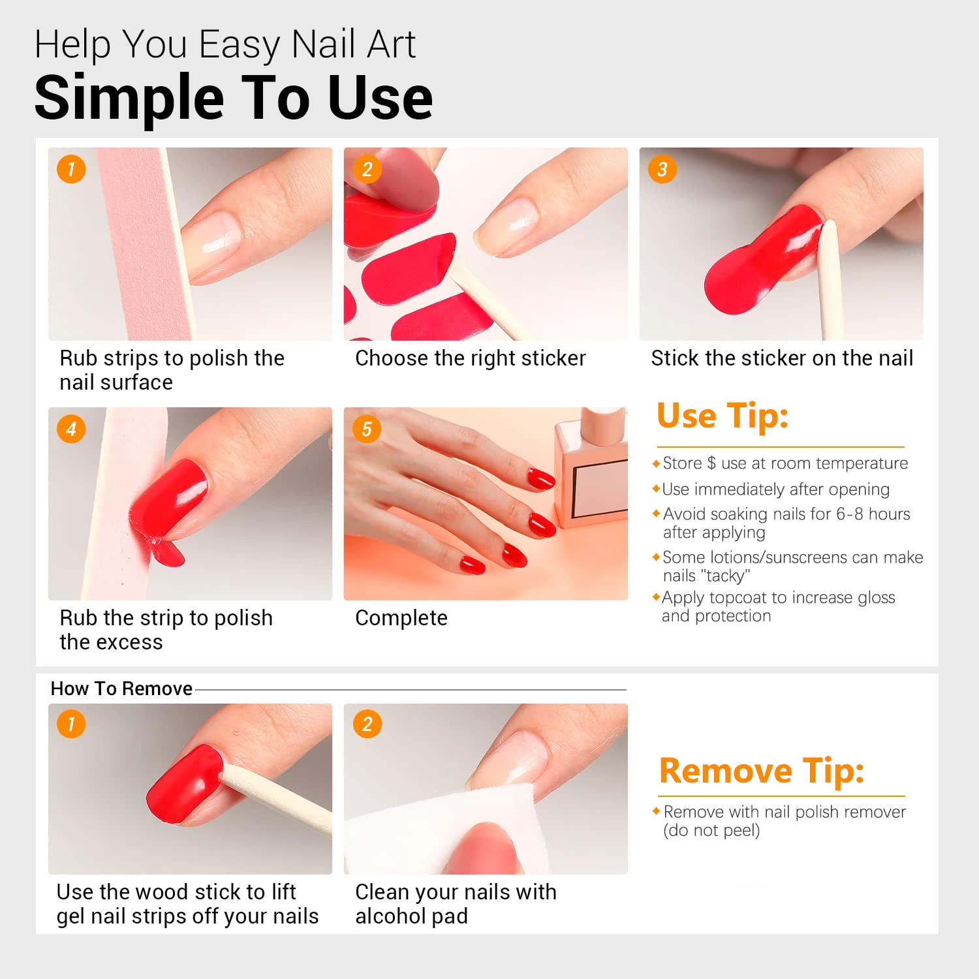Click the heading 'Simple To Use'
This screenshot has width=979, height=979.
coord(233,98)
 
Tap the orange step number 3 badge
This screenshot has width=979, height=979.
coord(662,170)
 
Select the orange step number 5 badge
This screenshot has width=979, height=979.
coord(367,429)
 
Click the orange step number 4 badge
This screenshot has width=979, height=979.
coord(71,429)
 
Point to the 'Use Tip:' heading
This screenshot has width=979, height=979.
coord(723,416)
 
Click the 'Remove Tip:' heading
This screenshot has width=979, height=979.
coord(761,771)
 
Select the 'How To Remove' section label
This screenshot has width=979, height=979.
coord(121,689)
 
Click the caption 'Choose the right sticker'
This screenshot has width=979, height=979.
coord(470,358)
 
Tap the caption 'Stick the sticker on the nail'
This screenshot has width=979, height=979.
coord(782,358)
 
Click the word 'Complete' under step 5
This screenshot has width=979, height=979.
coord(401,618)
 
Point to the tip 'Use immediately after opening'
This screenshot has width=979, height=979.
coord(775,489)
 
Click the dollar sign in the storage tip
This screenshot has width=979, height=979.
coord(711,463)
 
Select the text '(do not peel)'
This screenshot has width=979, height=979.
coord(711,831)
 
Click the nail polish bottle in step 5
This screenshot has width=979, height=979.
coord(591,470)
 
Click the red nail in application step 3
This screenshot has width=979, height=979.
coord(764,261)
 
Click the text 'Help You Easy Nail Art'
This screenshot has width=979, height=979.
coord(225,44)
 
